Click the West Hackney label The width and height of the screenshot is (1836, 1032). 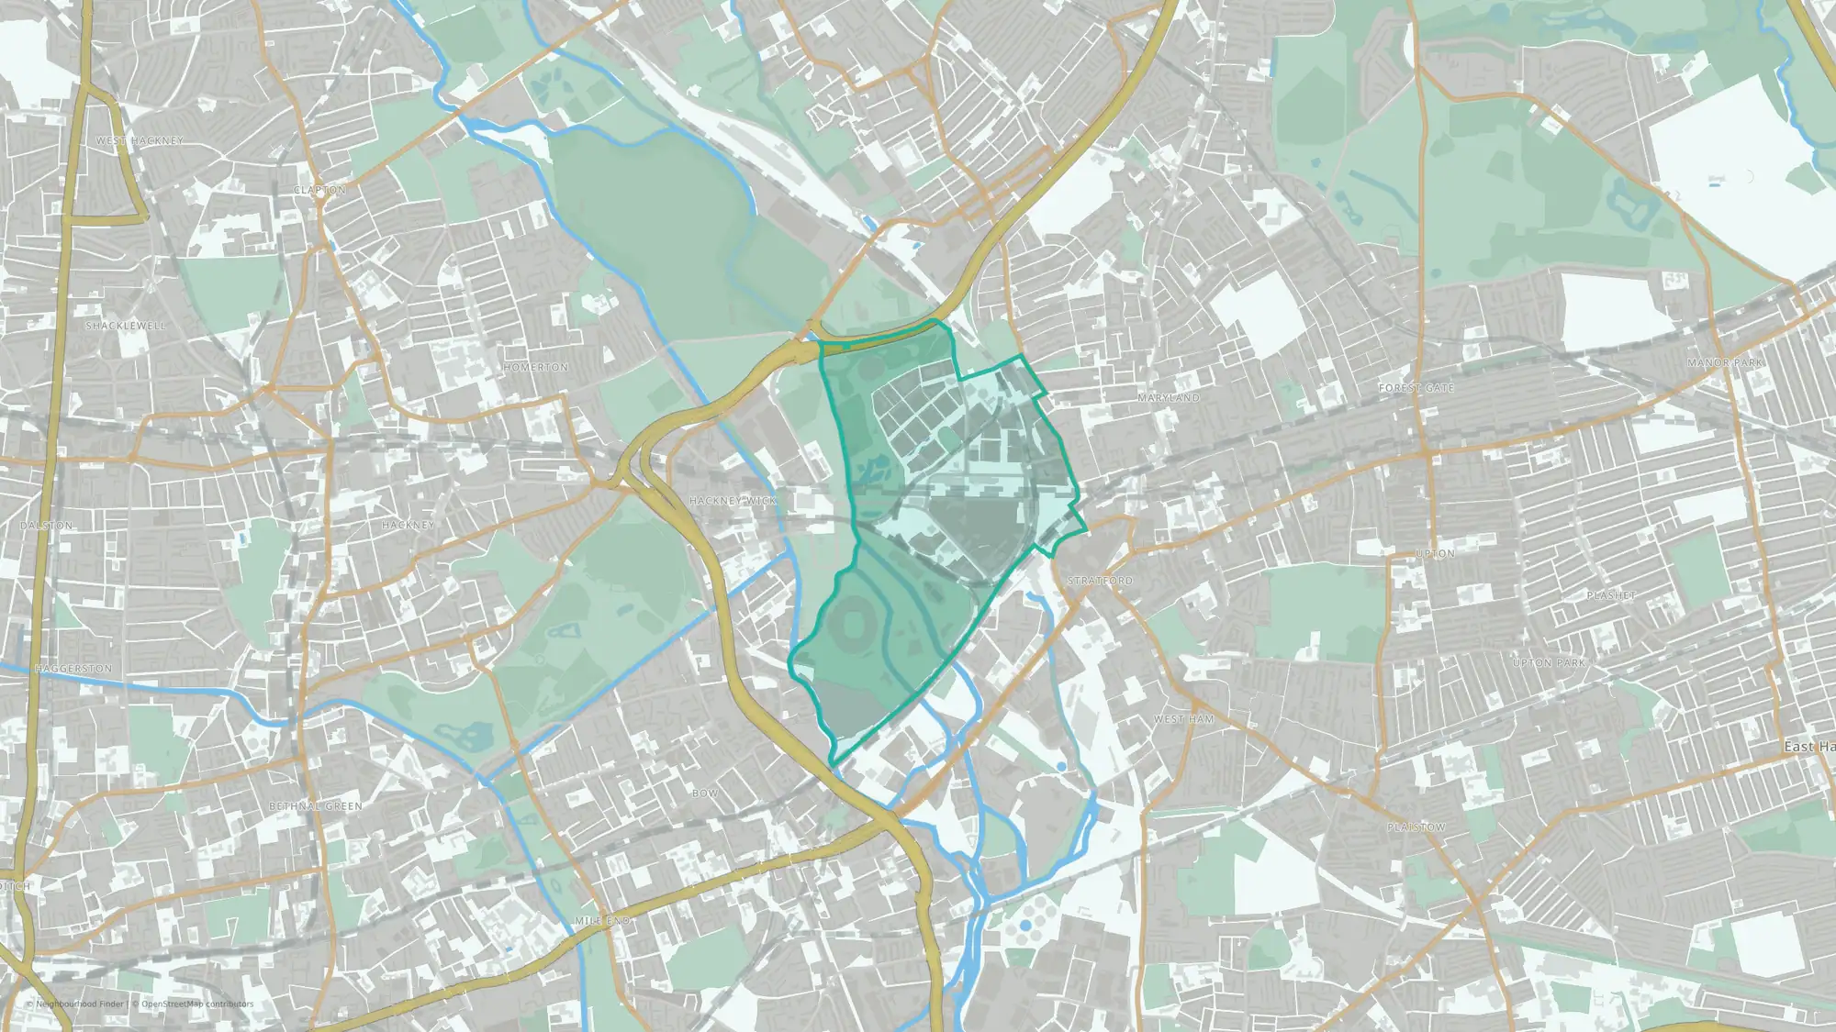140,140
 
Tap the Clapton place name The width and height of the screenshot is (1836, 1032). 319,190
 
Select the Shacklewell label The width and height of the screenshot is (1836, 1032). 126,326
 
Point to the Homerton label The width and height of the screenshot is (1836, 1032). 535,367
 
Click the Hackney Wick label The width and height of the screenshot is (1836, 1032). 733,501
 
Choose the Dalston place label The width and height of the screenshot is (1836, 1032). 46,526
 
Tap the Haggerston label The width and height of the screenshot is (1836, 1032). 73,669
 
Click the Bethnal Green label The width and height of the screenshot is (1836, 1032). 315,806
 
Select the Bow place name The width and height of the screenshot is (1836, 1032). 704,793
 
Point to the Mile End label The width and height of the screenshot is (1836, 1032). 602,920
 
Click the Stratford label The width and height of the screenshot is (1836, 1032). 1100,582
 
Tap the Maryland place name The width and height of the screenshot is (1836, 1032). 1168,398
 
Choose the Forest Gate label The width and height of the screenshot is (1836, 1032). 1416,388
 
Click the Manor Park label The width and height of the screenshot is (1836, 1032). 1724,363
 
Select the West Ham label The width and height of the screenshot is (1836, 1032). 1183,719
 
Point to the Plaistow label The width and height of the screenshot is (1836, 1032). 1416,827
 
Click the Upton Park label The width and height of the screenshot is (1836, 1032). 1549,662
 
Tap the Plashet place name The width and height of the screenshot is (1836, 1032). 1610,595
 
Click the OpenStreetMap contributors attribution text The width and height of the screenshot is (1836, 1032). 196,1004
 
